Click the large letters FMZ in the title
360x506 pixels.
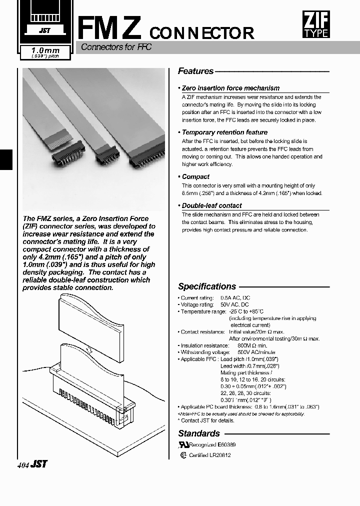[111, 27]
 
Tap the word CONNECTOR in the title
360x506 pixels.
[201, 33]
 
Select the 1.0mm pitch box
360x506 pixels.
[45, 52]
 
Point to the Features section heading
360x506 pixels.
[196, 71]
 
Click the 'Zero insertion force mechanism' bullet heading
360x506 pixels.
[230, 88]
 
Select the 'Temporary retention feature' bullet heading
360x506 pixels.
[224, 132]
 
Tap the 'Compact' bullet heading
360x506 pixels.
[195, 176]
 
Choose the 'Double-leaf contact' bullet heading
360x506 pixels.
[211, 205]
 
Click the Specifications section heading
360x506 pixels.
[207, 286]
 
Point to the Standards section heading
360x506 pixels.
[199, 433]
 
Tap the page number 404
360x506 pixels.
[22, 464]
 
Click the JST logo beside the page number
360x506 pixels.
[39, 464]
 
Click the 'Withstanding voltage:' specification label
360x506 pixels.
[204, 352]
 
